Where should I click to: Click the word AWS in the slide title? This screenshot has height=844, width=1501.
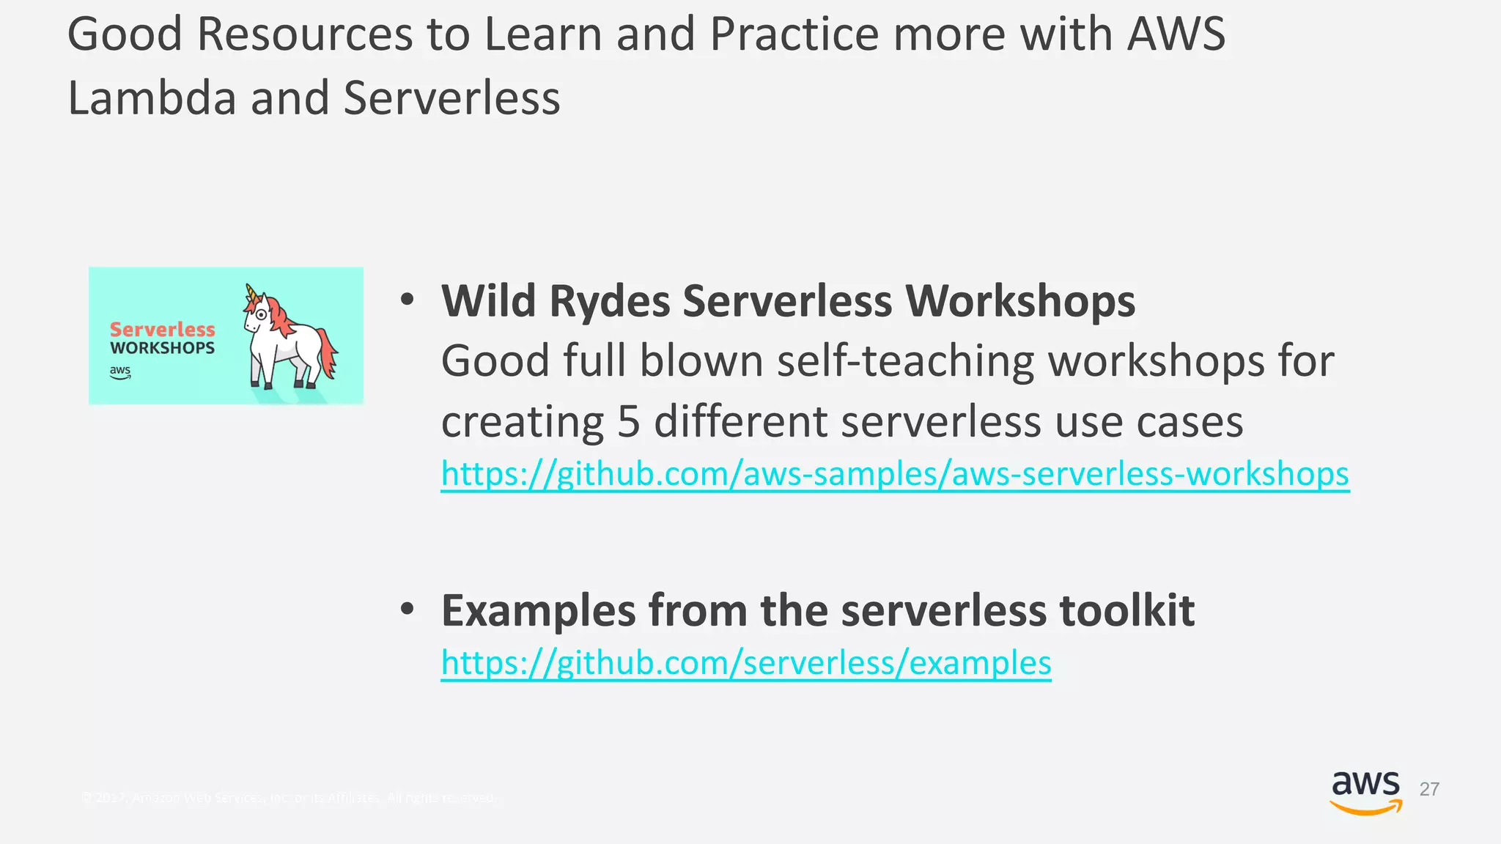[1175, 34]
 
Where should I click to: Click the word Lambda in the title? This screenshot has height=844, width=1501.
[152, 99]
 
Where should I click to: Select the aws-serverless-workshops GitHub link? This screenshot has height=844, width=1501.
[894, 474]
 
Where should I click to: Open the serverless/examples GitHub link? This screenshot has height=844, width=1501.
[745, 663]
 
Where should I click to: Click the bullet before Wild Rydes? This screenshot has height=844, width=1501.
[407, 300]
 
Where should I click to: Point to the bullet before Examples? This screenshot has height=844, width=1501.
[407, 609]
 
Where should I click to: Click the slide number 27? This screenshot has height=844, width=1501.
[1428, 789]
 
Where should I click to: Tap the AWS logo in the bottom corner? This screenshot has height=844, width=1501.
[1365, 792]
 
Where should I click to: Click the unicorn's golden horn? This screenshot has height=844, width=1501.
[251, 293]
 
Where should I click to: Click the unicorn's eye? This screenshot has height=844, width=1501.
[261, 314]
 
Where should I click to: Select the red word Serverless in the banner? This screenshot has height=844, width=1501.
[162, 330]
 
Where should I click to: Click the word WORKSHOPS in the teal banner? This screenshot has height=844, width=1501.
[162, 349]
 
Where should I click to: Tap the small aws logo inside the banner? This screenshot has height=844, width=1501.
[120, 371]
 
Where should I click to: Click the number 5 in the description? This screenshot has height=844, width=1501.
[628, 423]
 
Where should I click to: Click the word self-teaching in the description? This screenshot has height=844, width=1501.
[905, 362]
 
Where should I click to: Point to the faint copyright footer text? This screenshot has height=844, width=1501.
[289, 798]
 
